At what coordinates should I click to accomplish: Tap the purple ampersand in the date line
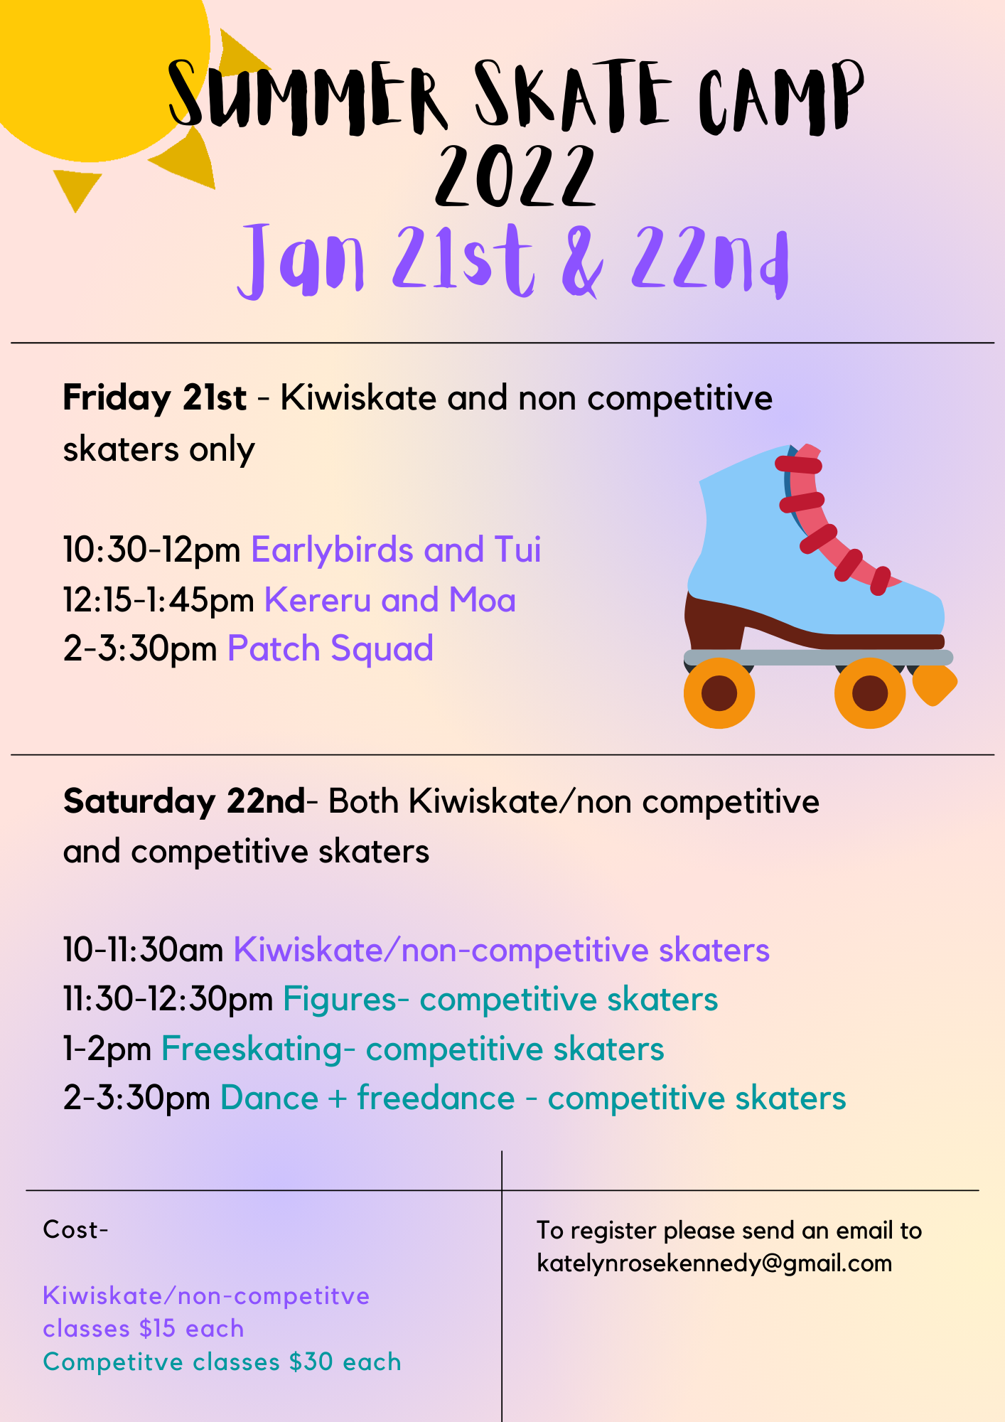[582, 261]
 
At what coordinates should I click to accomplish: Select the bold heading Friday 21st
[154, 397]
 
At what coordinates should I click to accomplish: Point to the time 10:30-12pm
[151, 550]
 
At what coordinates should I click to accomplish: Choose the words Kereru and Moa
[390, 600]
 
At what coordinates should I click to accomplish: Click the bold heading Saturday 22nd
[184, 801]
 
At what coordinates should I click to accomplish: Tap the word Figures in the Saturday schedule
[340, 1000]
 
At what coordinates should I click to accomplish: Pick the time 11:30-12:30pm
[168, 1000]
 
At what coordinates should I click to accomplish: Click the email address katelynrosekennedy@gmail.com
[714, 1263]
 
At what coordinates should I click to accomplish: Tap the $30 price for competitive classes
[311, 1362]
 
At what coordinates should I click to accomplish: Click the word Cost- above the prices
[75, 1229]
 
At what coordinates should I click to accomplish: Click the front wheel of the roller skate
[870, 693]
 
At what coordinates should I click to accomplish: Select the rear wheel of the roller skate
[719, 693]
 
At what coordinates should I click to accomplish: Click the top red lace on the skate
[798, 465]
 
